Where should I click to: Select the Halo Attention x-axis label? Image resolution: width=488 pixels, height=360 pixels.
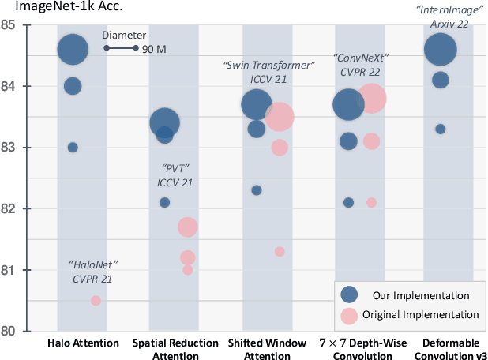pos(83,343)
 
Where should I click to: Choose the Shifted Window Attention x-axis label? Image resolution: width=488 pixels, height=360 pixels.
pos(268,348)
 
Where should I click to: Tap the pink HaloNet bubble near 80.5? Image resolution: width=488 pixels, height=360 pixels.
pos(96,301)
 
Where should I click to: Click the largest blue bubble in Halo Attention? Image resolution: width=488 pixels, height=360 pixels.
pos(73,50)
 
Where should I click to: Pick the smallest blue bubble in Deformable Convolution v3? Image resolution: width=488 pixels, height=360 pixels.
pos(441,129)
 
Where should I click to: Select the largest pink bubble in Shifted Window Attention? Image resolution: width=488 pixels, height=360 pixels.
pos(280,118)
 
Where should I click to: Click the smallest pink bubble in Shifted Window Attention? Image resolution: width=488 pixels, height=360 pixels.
pos(280,252)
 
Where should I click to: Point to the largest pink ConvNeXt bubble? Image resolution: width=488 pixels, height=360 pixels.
pos(371,99)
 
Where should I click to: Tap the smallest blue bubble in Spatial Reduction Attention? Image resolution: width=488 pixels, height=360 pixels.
pos(164,202)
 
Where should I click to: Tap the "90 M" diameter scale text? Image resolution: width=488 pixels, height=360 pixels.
pos(154,49)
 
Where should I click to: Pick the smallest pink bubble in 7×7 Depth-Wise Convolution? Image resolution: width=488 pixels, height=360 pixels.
pos(371,203)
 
